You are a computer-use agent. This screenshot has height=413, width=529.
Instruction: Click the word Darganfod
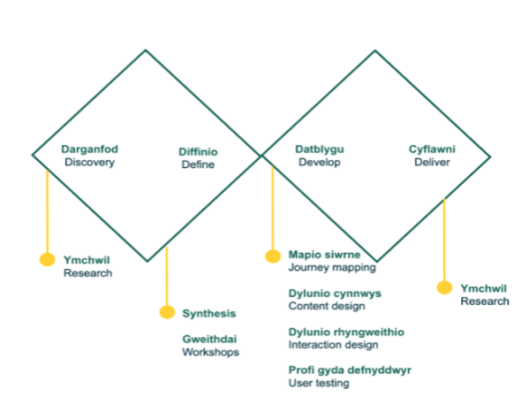coord(90,149)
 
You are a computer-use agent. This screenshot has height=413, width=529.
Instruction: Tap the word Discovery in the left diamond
coord(90,162)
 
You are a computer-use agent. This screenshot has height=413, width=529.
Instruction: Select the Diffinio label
coord(198,152)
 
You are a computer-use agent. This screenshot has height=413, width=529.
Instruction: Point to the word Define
coord(198,164)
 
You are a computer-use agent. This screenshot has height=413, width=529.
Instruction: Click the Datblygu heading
coord(320,149)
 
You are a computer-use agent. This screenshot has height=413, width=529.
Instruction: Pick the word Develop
coord(320,162)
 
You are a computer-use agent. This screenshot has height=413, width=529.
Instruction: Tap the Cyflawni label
coord(432,149)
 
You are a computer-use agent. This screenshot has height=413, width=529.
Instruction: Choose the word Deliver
coord(432,162)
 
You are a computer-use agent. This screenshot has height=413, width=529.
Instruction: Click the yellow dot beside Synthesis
coord(167,312)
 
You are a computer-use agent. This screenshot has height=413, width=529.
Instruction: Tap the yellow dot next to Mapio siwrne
coord(273,256)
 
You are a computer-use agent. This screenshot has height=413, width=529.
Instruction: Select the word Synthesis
coord(209,314)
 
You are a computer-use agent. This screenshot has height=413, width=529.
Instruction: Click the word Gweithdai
coord(209,339)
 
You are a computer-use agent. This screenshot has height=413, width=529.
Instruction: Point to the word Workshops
coord(211,352)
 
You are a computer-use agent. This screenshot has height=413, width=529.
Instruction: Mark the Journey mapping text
coord(332,268)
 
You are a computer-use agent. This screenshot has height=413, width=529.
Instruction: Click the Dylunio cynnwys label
coord(335,294)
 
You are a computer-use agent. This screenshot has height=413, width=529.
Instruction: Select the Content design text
coord(327,306)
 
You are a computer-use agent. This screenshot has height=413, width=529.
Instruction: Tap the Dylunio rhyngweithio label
coord(346,333)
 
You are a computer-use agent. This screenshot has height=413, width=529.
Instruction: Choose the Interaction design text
coord(333,345)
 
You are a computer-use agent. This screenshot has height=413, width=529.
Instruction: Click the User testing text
coord(319,383)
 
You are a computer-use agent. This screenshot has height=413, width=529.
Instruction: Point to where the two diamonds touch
coord(261,156)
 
